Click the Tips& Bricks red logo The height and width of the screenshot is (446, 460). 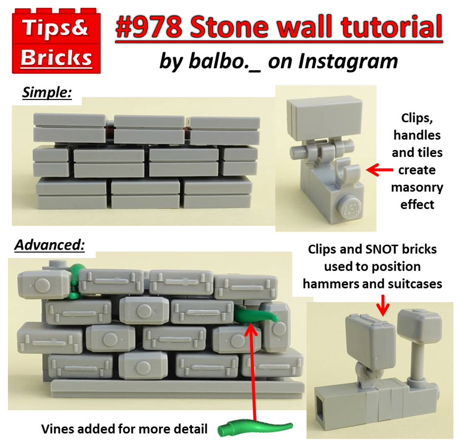point(56,41)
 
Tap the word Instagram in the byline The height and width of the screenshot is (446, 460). point(348,62)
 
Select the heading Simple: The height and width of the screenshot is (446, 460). point(47,93)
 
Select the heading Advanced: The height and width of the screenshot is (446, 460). point(50,245)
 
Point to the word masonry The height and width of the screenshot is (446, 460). point(417,188)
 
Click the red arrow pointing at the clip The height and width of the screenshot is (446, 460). point(379,170)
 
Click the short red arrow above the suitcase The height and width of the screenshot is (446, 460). point(383,306)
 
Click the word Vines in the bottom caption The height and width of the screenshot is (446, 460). point(58,429)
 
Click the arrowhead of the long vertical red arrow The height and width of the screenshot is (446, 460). point(251,329)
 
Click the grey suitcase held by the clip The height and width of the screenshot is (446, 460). point(371,340)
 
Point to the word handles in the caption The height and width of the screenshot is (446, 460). point(417,136)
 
